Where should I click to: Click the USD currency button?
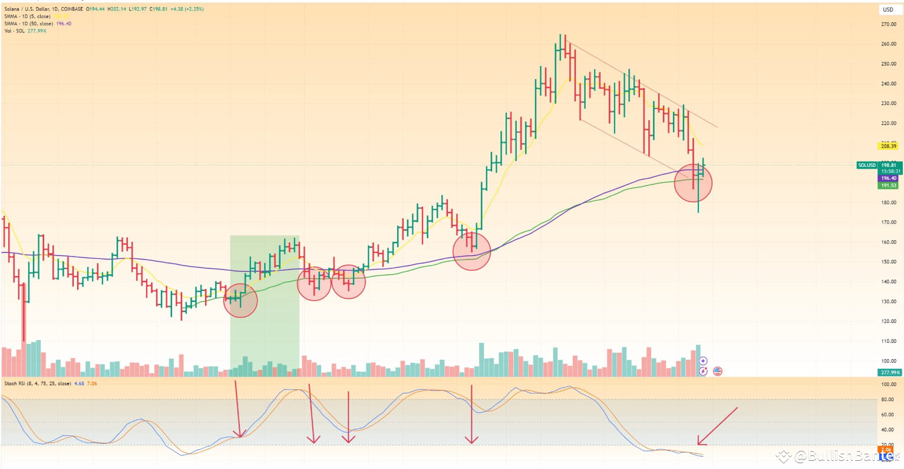tap(887, 9)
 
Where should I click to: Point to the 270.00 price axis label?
tap(889, 24)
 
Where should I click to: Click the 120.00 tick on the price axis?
tap(889, 322)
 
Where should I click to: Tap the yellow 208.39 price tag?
tap(889, 146)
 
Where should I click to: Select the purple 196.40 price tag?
tap(889, 178)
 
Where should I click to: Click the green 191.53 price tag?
tap(889, 185)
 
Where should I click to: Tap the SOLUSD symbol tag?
tap(867, 165)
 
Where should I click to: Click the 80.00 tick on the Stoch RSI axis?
tap(889, 399)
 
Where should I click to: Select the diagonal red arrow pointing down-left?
tap(717, 425)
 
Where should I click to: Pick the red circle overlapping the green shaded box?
tap(240, 300)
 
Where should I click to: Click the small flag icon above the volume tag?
tap(717, 371)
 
